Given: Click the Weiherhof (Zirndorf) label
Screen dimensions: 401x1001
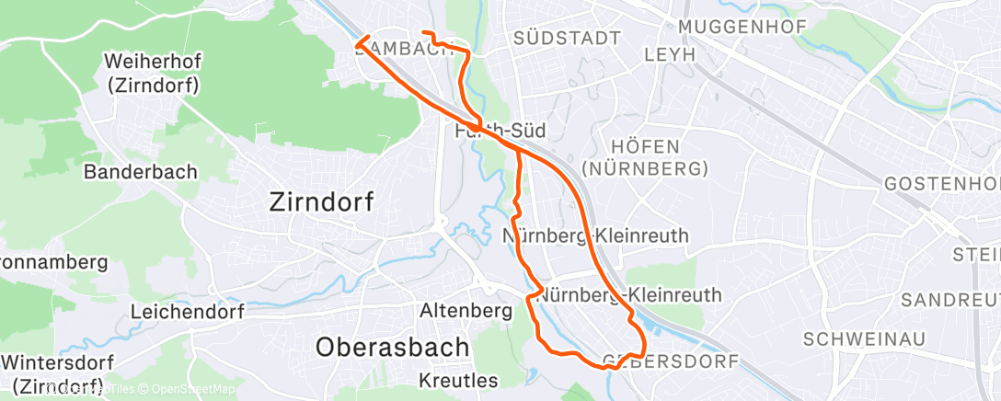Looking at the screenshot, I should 153,74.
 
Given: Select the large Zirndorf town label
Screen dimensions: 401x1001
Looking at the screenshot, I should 321,202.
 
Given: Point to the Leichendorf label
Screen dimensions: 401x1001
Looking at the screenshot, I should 187,312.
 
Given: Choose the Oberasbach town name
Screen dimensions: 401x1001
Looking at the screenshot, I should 392,347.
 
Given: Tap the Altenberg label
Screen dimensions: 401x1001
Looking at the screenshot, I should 466,312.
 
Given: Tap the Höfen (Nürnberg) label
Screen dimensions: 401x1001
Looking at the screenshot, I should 657,157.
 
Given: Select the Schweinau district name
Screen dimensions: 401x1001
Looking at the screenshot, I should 863,338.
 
